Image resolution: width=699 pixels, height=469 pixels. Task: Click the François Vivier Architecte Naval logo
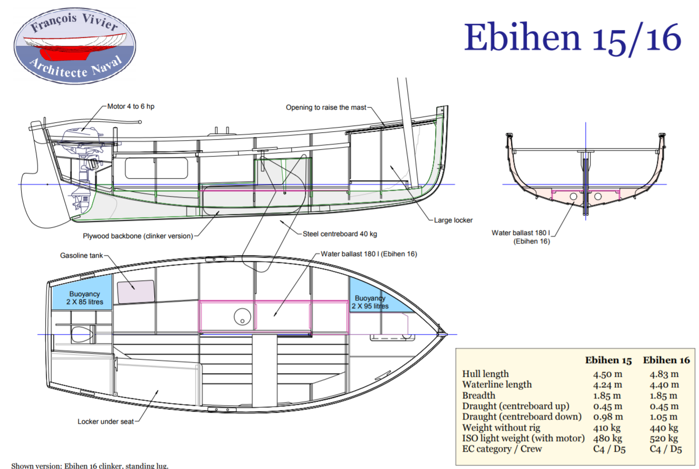click(75, 42)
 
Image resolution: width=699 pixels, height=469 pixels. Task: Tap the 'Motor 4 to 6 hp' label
click(131, 106)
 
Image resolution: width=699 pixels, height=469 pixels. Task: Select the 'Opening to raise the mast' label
click(326, 108)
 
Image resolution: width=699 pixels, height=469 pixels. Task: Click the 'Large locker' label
click(454, 220)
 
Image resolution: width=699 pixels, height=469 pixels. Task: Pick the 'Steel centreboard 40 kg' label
click(340, 233)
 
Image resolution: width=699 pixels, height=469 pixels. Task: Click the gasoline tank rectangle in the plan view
click(135, 291)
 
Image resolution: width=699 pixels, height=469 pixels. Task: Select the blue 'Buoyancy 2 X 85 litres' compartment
click(82, 298)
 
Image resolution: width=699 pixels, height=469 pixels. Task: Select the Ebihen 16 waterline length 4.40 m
click(665, 385)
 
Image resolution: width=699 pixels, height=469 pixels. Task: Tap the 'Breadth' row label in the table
click(478, 395)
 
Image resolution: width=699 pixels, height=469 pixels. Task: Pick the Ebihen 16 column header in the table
click(666, 360)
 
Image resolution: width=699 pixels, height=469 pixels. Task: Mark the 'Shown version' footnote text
click(90, 465)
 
